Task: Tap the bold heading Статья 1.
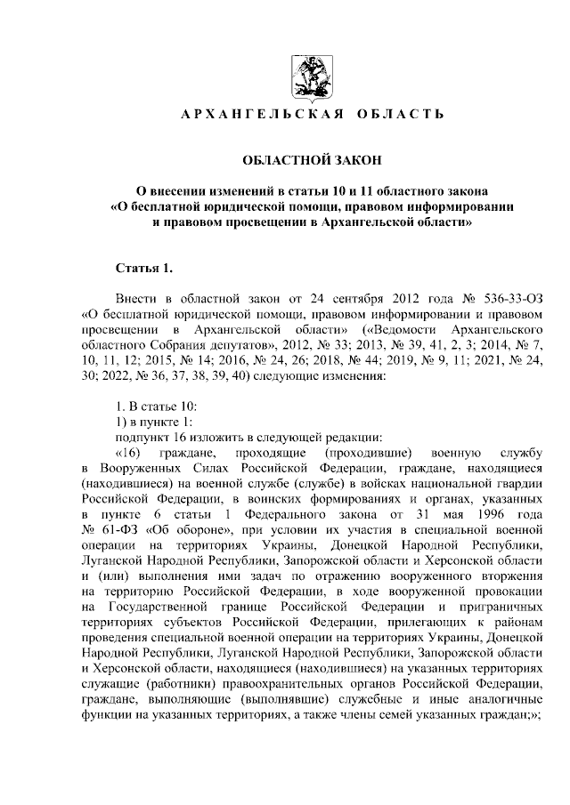click(140, 267)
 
